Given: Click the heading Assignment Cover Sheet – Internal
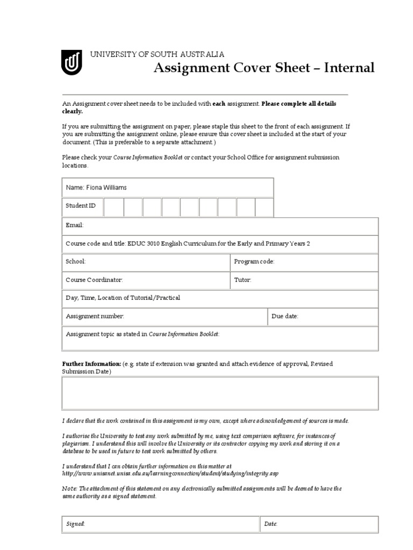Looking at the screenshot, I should pyautogui.click(x=264, y=68).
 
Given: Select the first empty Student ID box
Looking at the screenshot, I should pyautogui.click(x=113, y=206).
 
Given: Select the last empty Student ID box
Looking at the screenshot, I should pyautogui.click(x=264, y=206).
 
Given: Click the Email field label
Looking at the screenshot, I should pyautogui.click(x=75, y=226).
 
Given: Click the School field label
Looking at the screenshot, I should pyautogui.click(x=75, y=262).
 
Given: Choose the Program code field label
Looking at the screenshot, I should pyautogui.click(x=254, y=262).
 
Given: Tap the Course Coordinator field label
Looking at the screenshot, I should pyautogui.click(x=94, y=280).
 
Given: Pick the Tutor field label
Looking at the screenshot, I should pyautogui.click(x=243, y=280).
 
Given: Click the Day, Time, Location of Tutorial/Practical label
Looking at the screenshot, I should pyautogui.click(x=123, y=298).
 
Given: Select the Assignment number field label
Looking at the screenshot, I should pyautogui.click(x=95, y=316).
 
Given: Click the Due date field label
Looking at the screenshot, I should pyautogui.click(x=285, y=316).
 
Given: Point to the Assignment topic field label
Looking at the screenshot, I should pyautogui.click(x=143, y=334).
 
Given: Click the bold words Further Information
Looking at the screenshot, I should pyautogui.click(x=91, y=364).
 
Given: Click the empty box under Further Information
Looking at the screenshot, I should pyautogui.click(x=220, y=393).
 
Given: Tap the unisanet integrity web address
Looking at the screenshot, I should pyautogui.click(x=170, y=474).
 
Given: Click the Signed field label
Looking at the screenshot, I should pyautogui.click(x=75, y=524).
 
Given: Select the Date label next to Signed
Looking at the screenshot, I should pyautogui.click(x=270, y=524).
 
